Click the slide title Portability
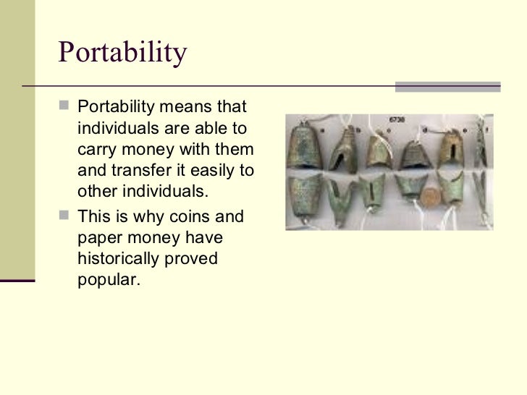click(x=122, y=53)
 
